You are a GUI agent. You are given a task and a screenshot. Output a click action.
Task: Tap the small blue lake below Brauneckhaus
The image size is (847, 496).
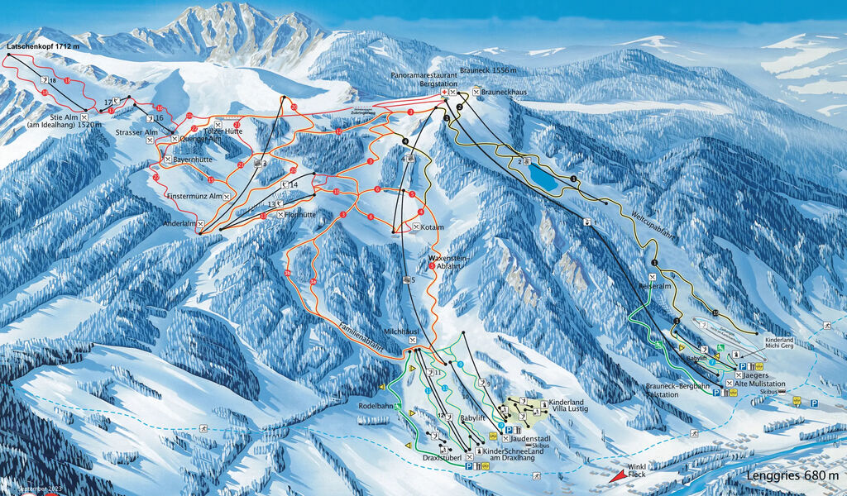click(543, 175)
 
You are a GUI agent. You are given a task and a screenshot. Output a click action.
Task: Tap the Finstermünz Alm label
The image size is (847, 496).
click(194, 196)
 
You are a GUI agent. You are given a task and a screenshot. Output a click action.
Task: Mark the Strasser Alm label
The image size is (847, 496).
click(136, 131)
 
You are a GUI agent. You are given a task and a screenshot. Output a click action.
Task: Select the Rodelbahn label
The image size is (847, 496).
click(376, 407)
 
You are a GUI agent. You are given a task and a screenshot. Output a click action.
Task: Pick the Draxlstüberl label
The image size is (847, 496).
click(439, 456)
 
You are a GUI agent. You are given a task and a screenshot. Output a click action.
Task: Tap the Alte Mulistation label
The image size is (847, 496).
click(758, 384)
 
